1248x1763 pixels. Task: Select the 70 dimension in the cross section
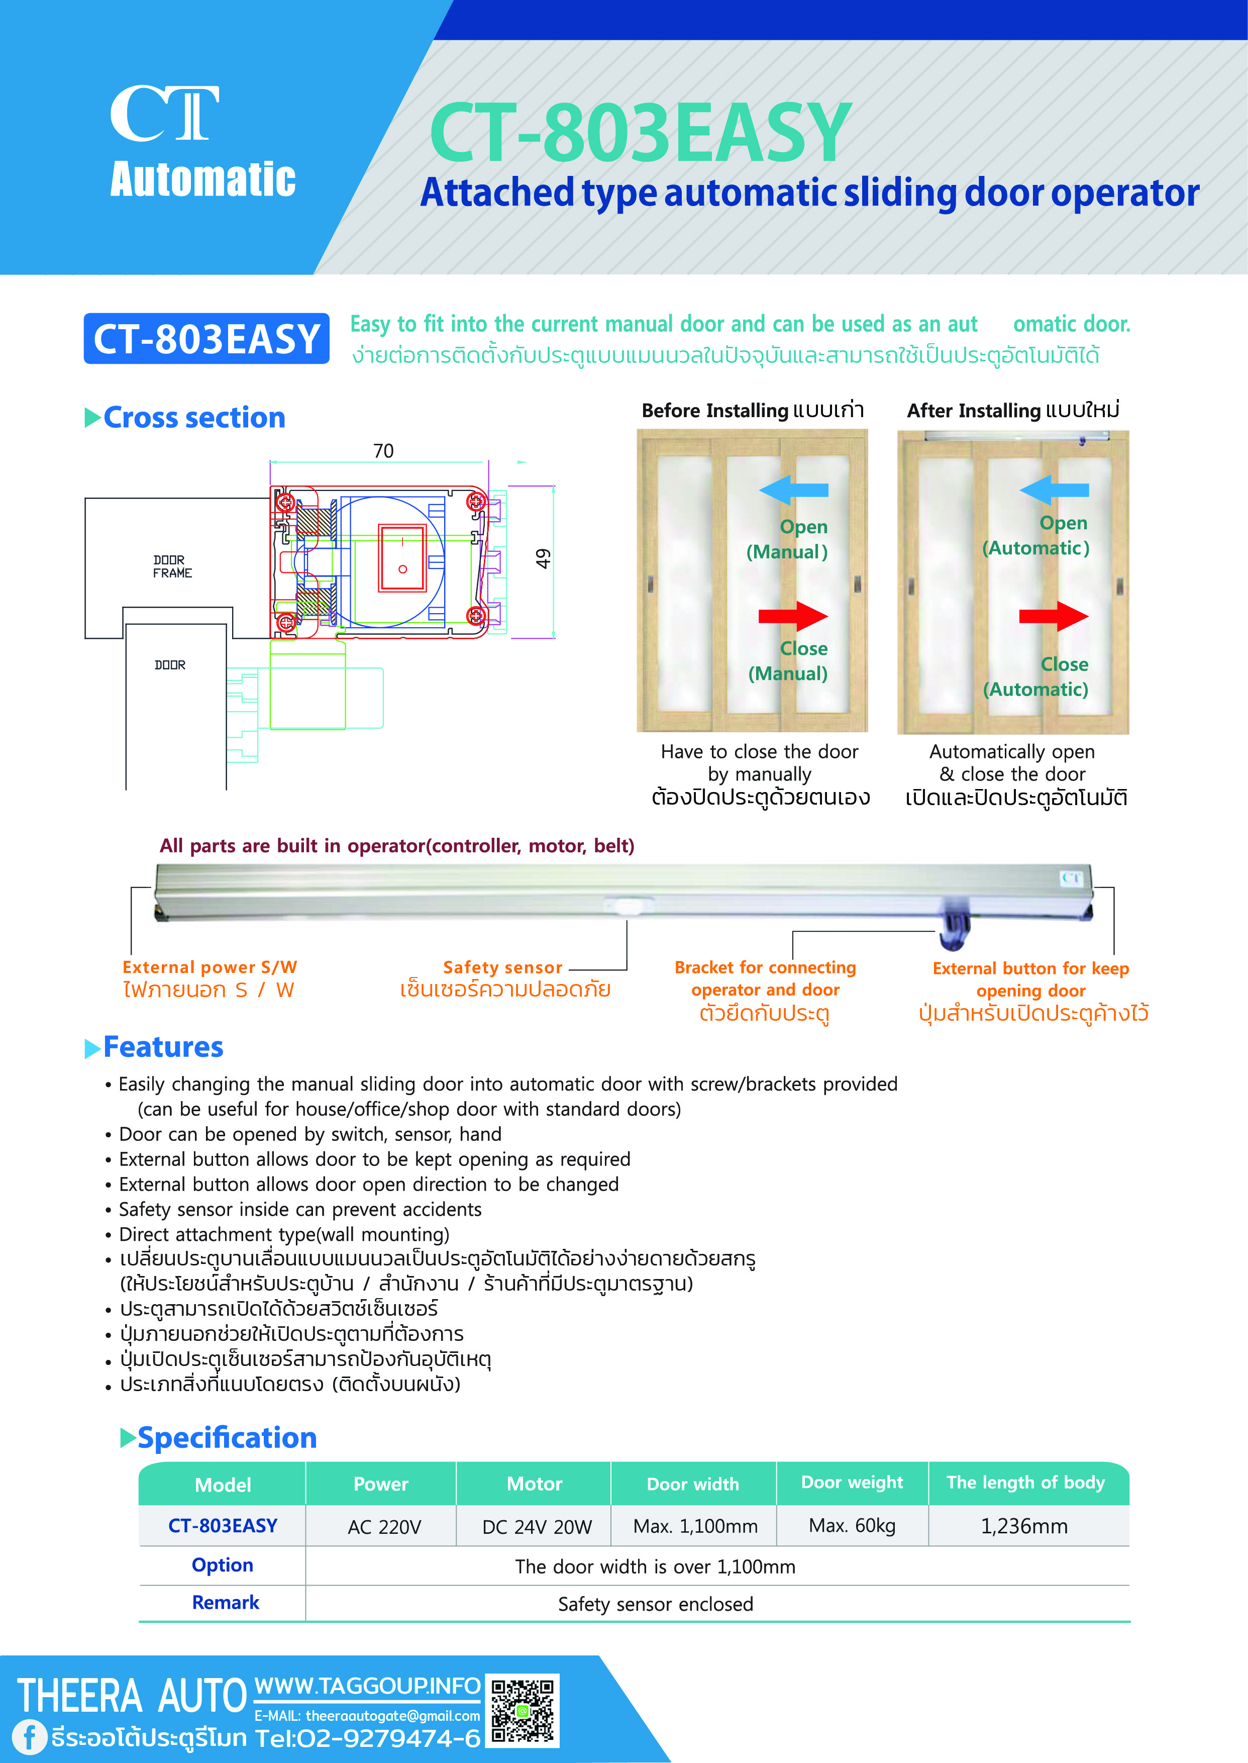pos(383,451)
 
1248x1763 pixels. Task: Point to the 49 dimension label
pos(543,559)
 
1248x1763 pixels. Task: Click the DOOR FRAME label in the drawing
pos(172,566)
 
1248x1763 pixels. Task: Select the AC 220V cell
pos(384,1526)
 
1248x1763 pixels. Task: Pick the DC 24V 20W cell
pos(537,1526)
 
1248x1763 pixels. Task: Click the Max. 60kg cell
pos(852,1525)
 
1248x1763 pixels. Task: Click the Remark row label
pos(225,1602)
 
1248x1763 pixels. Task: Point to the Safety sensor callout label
pos(502,967)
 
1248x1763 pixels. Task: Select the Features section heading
pos(163,1047)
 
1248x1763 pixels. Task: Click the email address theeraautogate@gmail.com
pos(392,1715)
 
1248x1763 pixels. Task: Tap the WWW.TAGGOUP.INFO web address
pos(367,1686)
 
